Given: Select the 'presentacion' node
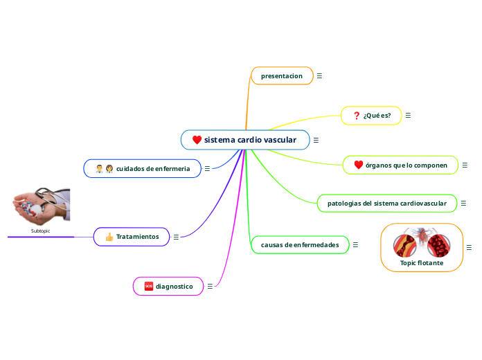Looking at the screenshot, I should coord(282,75).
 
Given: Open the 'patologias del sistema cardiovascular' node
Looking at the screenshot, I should coord(387,204).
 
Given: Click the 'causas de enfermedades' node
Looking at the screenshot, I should coord(300,245).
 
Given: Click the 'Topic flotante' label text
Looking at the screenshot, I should coord(422,263).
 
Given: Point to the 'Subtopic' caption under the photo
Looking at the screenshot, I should coord(40,231).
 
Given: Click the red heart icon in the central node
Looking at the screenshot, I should coord(197,140).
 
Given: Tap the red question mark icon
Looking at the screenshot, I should coord(356,115).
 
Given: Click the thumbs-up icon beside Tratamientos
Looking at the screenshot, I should coord(109,237).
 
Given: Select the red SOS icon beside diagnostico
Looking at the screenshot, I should coord(148,286).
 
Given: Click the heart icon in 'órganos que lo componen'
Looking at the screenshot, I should coord(358,165).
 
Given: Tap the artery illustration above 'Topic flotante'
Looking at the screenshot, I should coord(421,242).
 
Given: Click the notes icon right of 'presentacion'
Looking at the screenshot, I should coord(319,75).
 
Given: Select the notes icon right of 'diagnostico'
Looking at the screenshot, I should coord(210,286).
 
